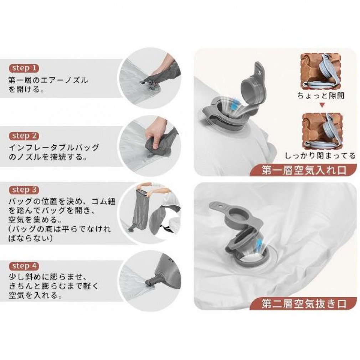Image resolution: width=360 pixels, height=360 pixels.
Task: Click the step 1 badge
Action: click(24, 68)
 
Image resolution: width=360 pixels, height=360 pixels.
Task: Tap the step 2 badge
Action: click(24, 136)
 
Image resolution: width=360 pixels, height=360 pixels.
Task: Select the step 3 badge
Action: click(24, 190)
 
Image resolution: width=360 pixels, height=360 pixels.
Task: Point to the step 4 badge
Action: click(24, 266)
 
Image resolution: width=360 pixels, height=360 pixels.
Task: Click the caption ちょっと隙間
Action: click(321, 96)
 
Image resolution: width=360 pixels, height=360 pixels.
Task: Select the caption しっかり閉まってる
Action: click(320, 156)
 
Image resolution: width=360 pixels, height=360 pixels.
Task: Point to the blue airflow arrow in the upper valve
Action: click(235, 106)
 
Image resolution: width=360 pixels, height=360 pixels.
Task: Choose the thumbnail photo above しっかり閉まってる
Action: click(322, 131)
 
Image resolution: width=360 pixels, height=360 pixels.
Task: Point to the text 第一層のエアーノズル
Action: click(48, 80)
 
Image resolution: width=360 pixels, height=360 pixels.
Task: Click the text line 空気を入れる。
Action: click(35, 295)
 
